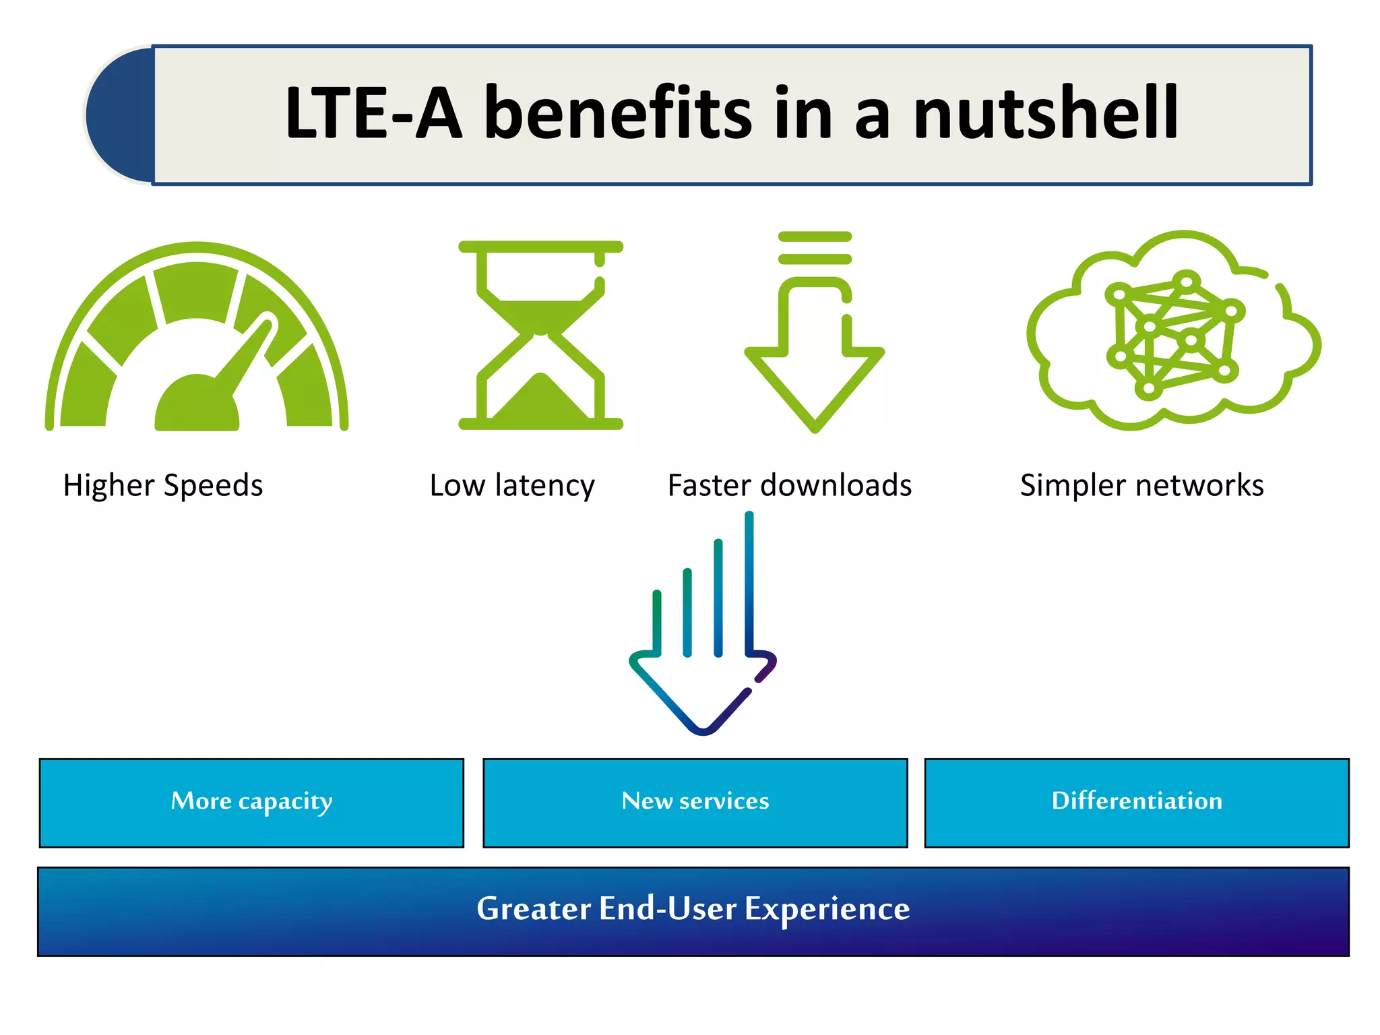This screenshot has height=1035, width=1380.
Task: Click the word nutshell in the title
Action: click(x=1046, y=113)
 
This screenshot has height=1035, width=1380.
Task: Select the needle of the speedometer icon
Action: click(x=246, y=351)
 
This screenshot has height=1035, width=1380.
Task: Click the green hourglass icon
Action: click(x=540, y=335)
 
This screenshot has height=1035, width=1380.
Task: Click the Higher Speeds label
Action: click(x=163, y=485)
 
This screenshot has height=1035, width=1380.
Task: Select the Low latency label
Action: click(x=512, y=485)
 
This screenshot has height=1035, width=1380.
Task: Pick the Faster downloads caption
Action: click(x=790, y=485)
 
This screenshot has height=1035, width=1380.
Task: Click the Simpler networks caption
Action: click(x=1141, y=485)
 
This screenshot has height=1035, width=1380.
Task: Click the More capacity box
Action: click(x=251, y=803)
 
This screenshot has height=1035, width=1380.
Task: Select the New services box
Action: click(x=695, y=803)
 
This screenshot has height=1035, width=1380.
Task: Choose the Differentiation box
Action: click(x=1137, y=803)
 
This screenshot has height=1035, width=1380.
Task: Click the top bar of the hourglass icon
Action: click(x=540, y=247)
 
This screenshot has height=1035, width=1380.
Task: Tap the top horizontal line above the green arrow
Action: click(x=815, y=237)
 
